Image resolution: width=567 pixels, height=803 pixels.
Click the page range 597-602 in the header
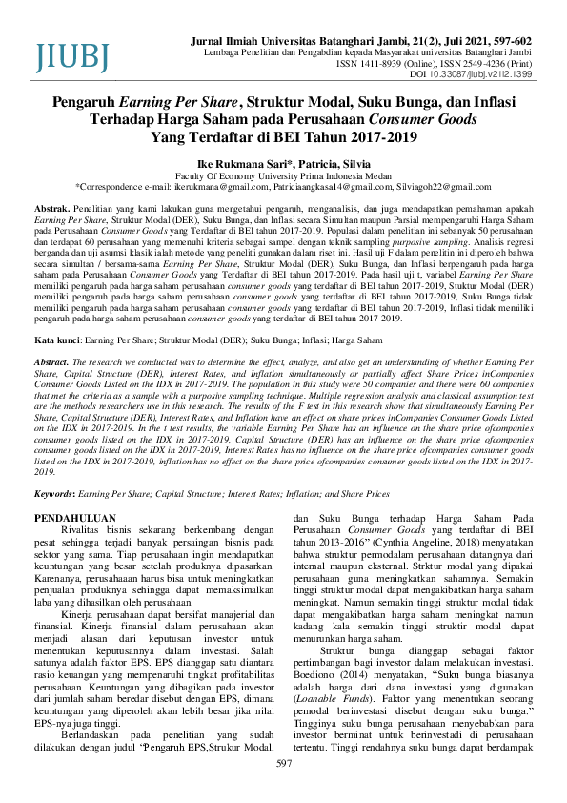(x=510, y=43)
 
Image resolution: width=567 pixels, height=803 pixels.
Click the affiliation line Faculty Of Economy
(x=283, y=175)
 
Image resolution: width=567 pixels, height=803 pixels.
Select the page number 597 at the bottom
(x=283, y=791)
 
